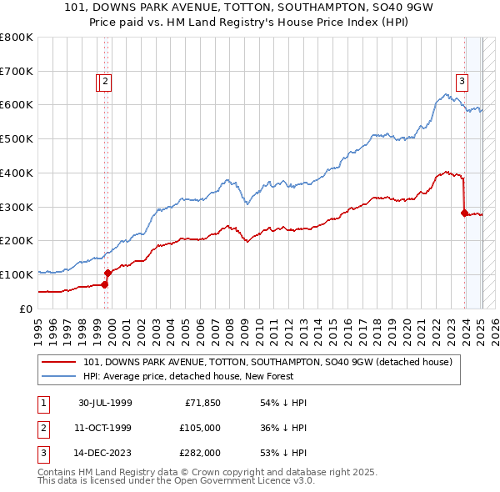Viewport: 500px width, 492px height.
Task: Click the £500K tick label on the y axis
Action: (x=16, y=138)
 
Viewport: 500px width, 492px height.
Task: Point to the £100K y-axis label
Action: (x=16, y=274)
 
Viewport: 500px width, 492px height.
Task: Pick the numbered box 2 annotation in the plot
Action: (x=107, y=81)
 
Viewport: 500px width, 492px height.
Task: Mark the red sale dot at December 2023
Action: (x=464, y=213)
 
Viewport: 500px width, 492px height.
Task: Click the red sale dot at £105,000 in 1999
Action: (x=108, y=273)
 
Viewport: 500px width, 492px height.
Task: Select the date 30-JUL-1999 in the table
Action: (x=105, y=403)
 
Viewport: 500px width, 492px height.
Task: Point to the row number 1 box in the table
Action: (x=42, y=403)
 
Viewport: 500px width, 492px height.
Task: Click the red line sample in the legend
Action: (x=58, y=362)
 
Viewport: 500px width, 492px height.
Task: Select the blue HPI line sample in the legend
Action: (x=58, y=376)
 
